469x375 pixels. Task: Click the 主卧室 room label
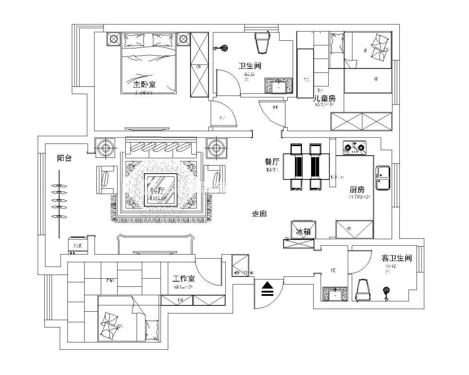[x=144, y=84]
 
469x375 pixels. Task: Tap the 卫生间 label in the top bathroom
[x=250, y=66]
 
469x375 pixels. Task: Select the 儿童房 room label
[x=325, y=98]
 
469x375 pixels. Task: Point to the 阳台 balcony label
[x=65, y=158]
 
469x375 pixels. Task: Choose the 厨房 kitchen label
[x=357, y=190]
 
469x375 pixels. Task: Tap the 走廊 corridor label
[x=259, y=214]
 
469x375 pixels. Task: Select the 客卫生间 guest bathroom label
[x=396, y=258]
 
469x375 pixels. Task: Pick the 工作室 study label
[x=184, y=279]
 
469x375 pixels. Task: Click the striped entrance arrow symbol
[x=268, y=289]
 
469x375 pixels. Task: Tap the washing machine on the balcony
[x=77, y=244]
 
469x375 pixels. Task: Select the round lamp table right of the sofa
[x=216, y=147]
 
